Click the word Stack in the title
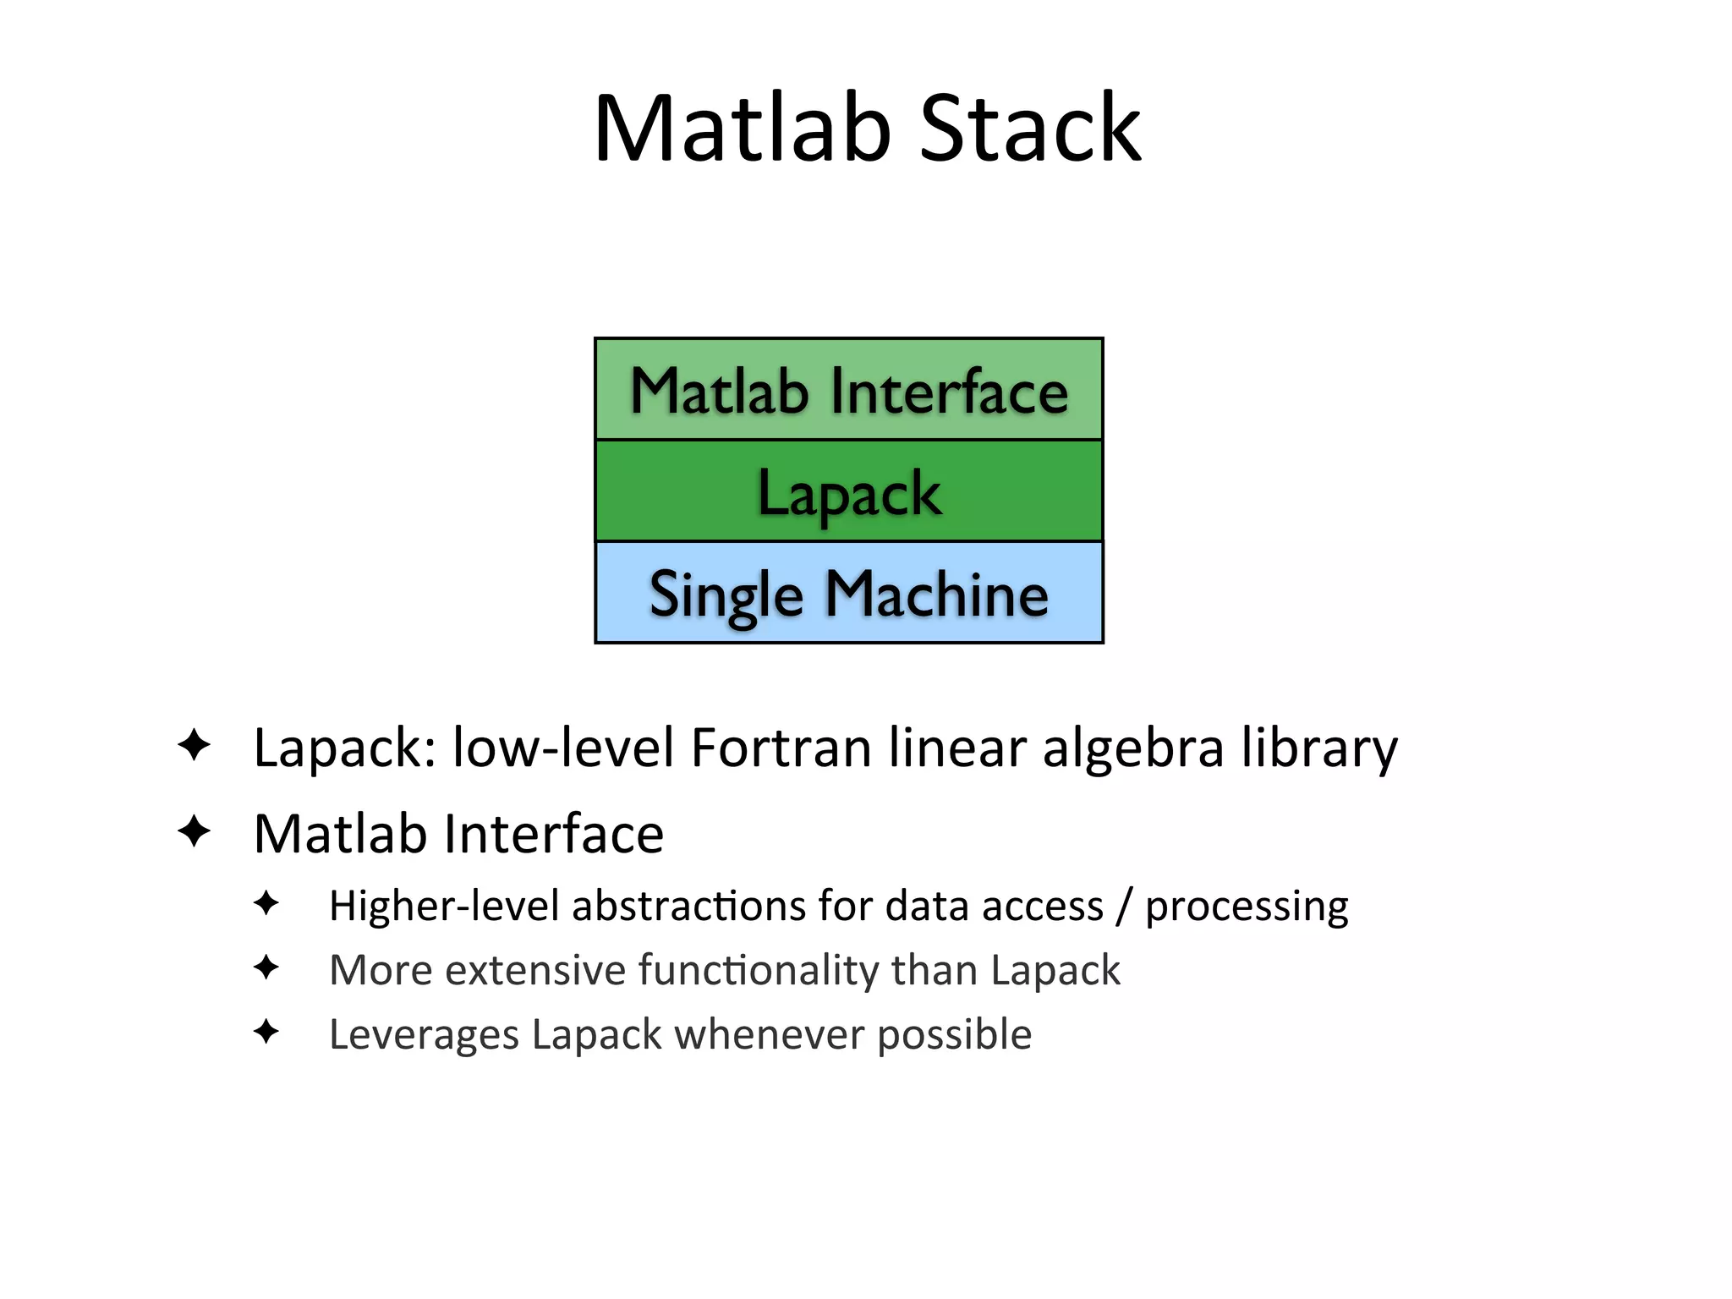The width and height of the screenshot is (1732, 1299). tap(1030, 129)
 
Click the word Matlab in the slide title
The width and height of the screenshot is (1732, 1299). tap(743, 129)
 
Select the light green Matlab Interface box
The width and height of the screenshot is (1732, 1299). tap(849, 390)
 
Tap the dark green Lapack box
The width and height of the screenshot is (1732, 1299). tap(849, 491)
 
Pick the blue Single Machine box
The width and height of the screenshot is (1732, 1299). tap(849, 593)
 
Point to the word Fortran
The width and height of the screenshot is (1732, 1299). tap(781, 748)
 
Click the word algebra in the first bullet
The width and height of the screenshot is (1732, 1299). tap(1133, 748)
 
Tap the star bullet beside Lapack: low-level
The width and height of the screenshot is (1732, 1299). tap(195, 745)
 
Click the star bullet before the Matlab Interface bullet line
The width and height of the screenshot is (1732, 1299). tap(195, 830)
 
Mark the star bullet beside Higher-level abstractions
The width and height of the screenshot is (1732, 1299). tap(266, 902)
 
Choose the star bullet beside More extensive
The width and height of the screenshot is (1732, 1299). tap(266, 967)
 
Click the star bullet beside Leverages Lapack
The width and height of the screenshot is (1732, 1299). tap(266, 1031)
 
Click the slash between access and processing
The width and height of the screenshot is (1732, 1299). tap(1124, 906)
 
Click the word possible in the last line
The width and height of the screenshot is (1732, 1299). tap(954, 1034)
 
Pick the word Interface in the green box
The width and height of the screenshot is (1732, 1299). tap(949, 392)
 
